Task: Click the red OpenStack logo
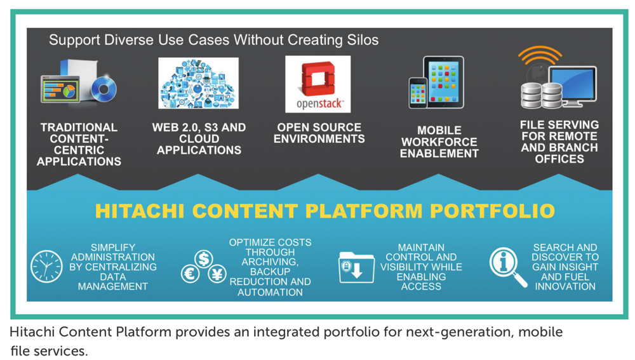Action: [318, 79]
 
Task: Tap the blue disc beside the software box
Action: [104, 89]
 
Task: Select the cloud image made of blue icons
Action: [198, 83]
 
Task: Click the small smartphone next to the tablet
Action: [418, 93]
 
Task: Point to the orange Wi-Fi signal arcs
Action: [540, 55]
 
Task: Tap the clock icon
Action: [46, 267]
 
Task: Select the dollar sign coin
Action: [204, 258]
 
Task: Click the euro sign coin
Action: [190, 274]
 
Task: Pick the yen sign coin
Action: [217, 274]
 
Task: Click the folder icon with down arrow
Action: [356, 267]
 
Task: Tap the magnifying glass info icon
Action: [507, 267]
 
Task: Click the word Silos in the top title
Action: [363, 40]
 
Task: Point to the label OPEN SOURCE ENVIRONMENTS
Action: [319, 133]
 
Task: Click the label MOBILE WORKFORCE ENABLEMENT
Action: [439, 142]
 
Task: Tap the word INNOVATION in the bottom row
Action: [565, 286]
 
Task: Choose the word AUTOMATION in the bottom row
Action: [270, 292]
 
